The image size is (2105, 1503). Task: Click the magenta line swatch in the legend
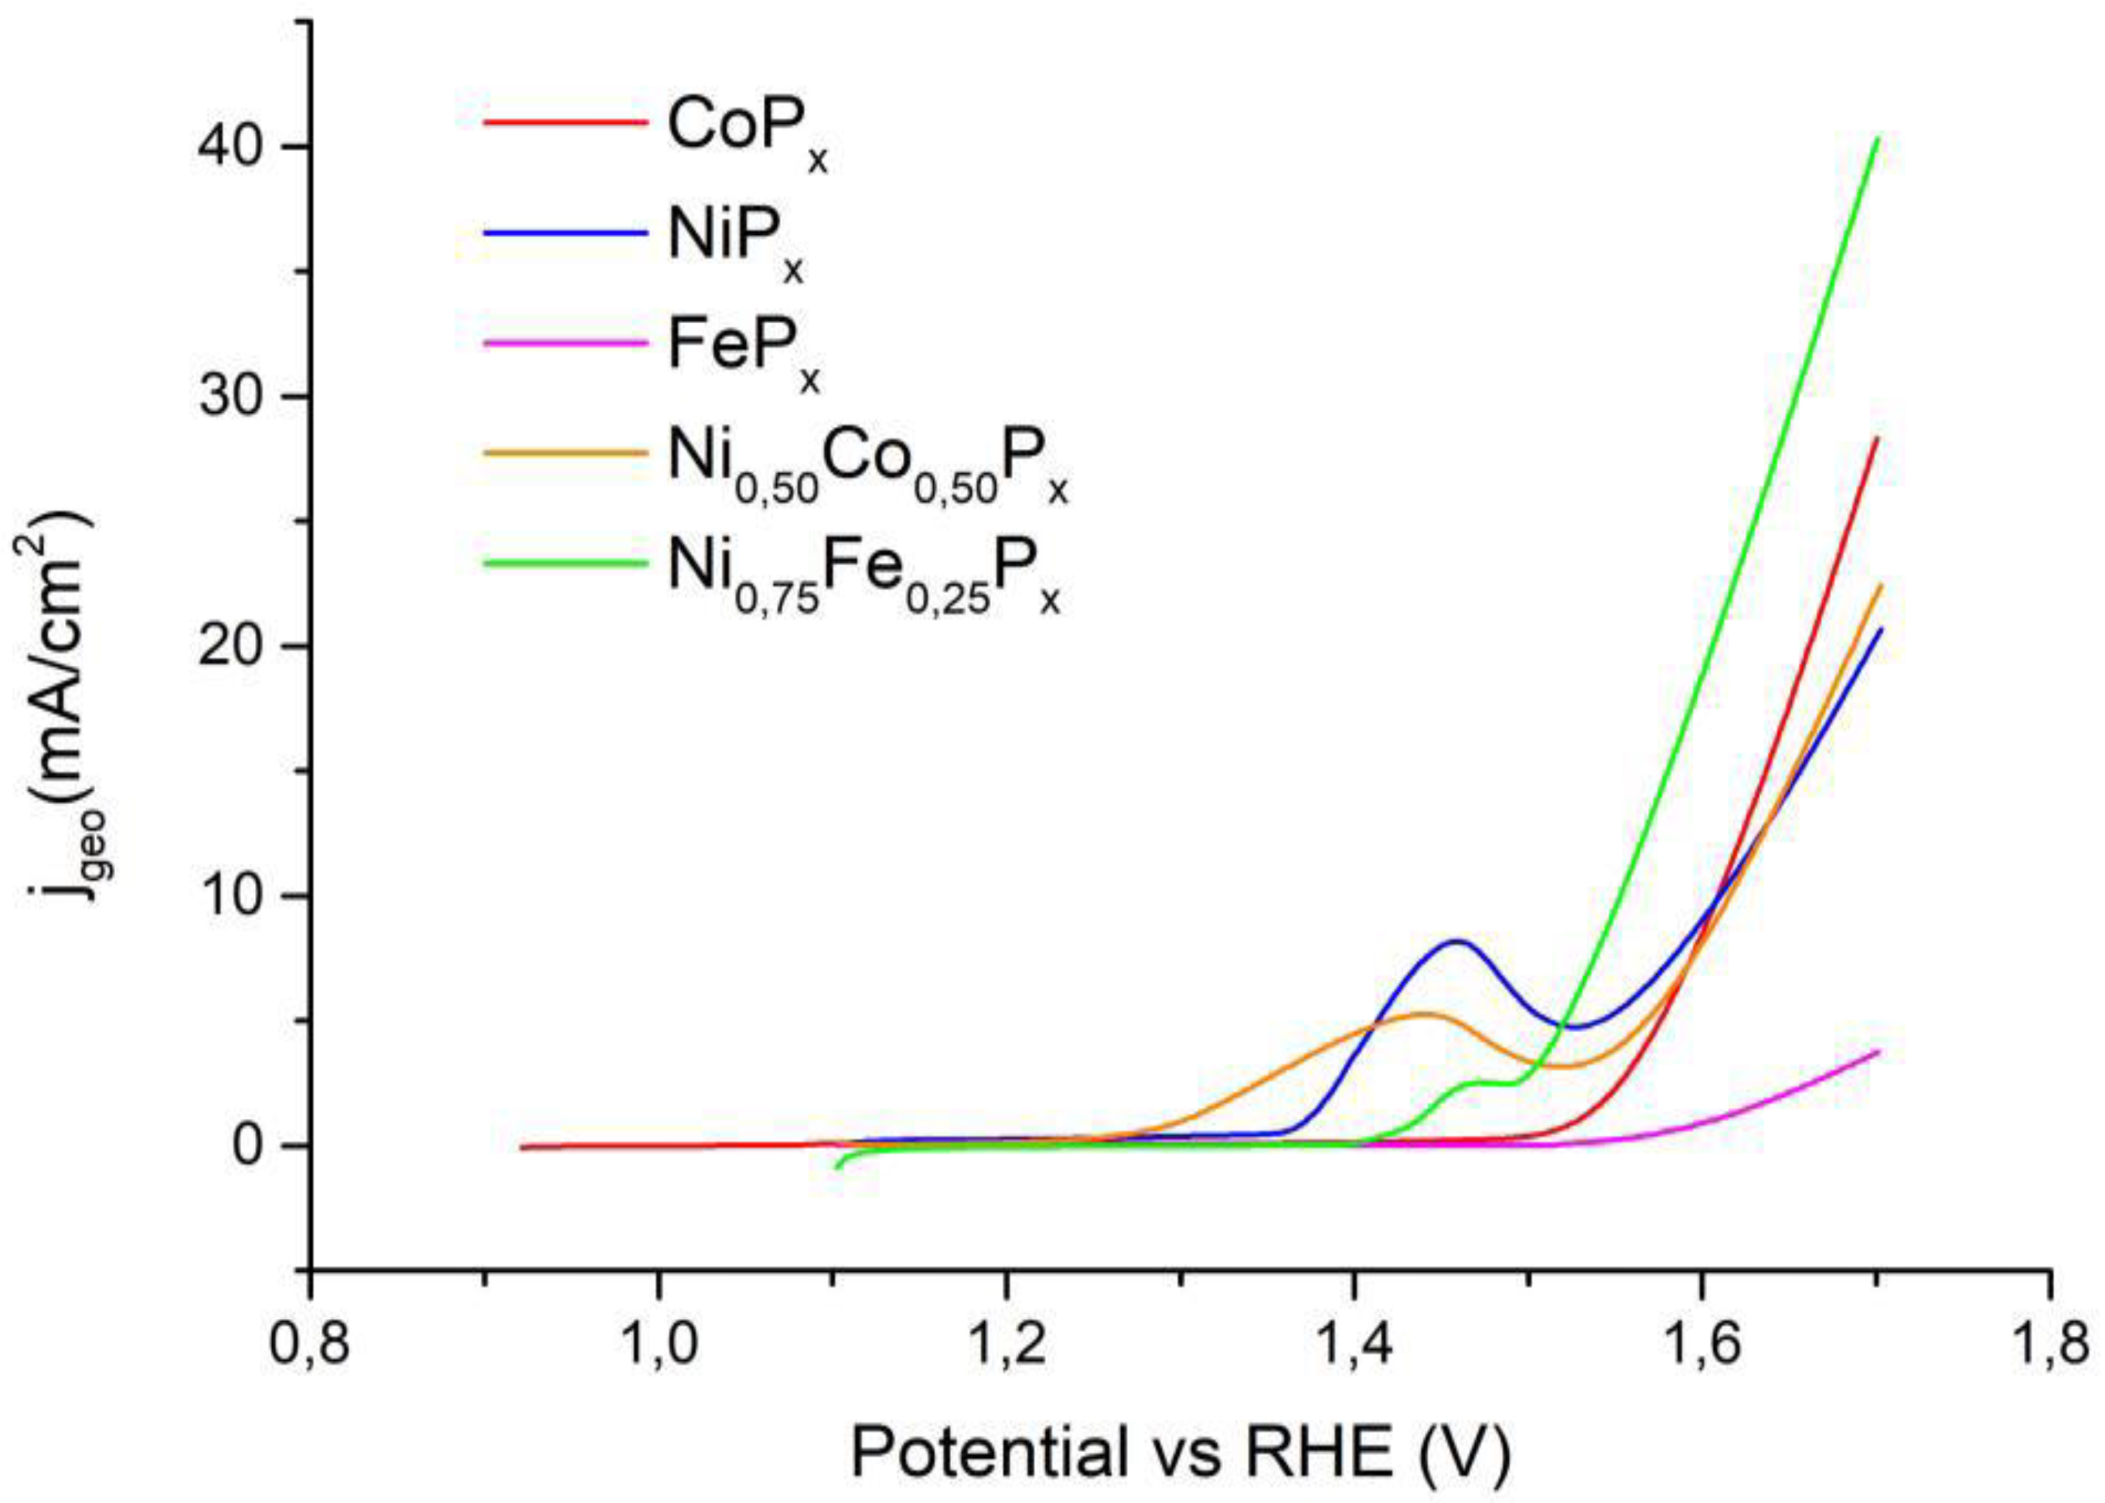565,343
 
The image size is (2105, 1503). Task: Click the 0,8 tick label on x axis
309,1347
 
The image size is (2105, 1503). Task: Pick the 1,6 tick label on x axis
1701,1347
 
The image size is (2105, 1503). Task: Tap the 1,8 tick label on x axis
2049,1347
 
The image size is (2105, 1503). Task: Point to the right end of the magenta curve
1879,1051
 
